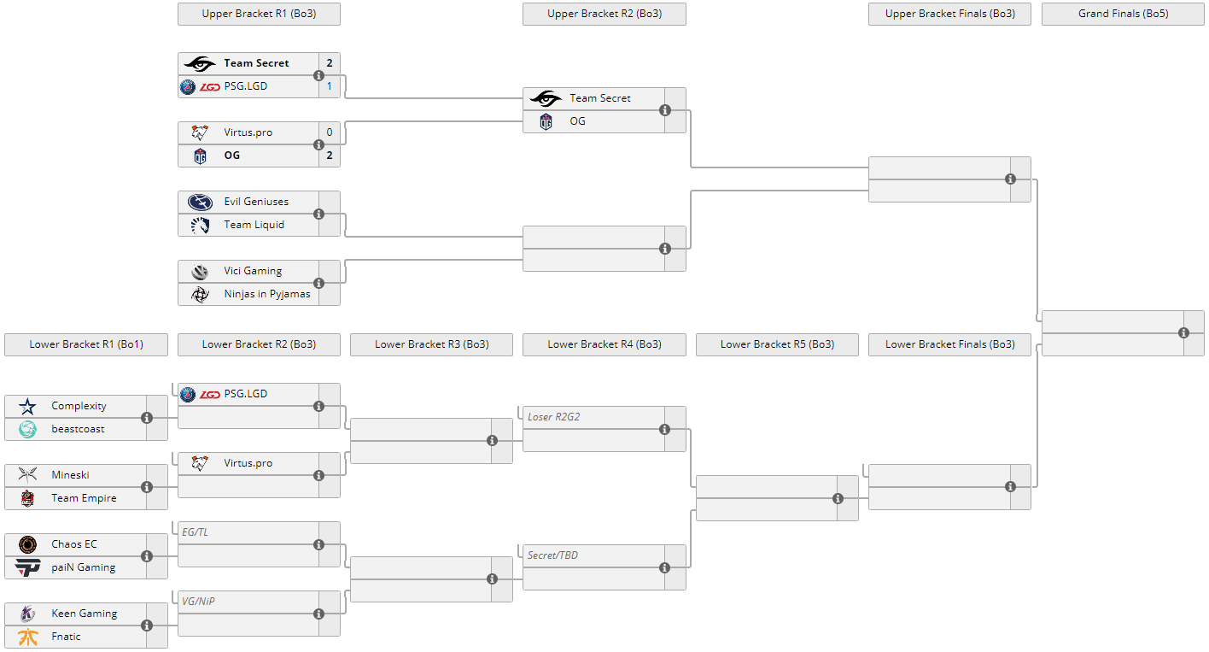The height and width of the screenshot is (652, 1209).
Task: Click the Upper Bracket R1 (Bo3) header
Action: tap(259, 14)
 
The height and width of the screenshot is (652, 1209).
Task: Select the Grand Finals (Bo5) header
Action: tap(1123, 14)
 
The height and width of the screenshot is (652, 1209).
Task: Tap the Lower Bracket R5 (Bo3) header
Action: tap(777, 344)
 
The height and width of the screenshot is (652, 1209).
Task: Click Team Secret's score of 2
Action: tap(330, 63)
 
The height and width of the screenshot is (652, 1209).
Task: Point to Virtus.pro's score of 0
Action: tap(330, 132)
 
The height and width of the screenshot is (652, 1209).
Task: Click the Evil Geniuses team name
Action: tap(256, 202)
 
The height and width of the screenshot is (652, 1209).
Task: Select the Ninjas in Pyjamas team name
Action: tap(267, 294)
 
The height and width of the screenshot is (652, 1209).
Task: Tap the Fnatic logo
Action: tap(27, 637)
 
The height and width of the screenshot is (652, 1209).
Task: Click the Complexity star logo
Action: tap(27, 406)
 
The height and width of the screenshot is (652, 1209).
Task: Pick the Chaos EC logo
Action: tap(27, 544)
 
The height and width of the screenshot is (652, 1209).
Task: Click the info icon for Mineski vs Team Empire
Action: tap(146, 487)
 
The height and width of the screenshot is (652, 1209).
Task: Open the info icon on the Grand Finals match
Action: tap(1183, 332)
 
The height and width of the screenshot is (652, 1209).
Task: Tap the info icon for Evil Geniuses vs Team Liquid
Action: tap(319, 214)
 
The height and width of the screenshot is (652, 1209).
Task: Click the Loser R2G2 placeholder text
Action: tap(554, 417)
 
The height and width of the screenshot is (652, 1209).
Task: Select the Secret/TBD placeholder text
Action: tap(552, 555)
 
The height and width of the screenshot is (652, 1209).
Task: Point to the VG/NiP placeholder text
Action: tap(198, 602)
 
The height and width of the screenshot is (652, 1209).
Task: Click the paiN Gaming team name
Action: tap(84, 567)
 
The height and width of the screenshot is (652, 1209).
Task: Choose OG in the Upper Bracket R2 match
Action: tap(577, 121)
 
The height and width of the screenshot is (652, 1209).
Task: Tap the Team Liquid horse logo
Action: tap(201, 226)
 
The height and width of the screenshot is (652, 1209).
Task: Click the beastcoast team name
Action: tap(78, 429)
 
